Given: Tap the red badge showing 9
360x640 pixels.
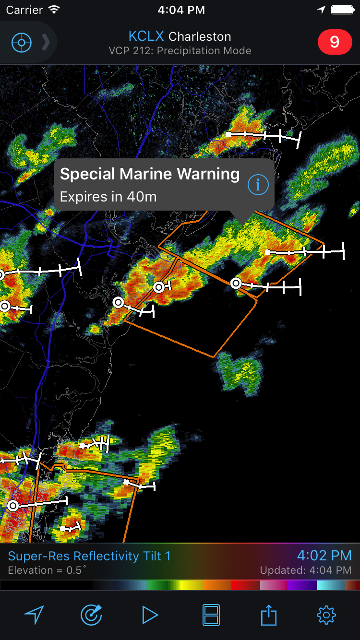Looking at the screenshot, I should (x=335, y=42).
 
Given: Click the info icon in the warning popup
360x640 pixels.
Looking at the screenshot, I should (x=258, y=185).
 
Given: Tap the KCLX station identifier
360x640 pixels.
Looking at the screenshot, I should (x=146, y=36).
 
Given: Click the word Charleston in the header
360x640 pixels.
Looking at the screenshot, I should (x=200, y=36).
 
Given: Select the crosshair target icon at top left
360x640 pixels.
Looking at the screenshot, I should (x=22, y=43).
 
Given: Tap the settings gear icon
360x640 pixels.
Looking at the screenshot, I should (x=326, y=615).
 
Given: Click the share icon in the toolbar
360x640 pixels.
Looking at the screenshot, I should (x=269, y=615).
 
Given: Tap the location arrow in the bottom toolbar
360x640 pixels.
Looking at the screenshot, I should (x=34, y=615).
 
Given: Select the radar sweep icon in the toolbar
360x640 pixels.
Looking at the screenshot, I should (x=91, y=615).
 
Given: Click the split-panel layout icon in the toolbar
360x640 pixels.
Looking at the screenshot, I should (x=211, y=615).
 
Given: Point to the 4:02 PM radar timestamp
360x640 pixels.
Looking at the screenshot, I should (x=324, y=556).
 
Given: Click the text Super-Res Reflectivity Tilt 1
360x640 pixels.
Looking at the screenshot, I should (x=89, y=556).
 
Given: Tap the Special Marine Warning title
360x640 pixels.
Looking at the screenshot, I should (x=150, y=174).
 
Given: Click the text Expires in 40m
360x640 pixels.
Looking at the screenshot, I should (x=108, y=196).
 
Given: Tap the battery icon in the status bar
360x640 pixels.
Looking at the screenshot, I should (x=342, y=10).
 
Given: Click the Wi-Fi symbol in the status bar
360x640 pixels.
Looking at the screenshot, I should (x=54, y=10).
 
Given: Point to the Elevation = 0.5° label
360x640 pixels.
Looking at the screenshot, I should (x=48, y=570).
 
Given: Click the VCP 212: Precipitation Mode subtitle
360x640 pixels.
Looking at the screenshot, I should (x=180, y=50).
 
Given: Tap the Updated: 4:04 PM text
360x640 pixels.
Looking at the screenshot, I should (x=305, y=570).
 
